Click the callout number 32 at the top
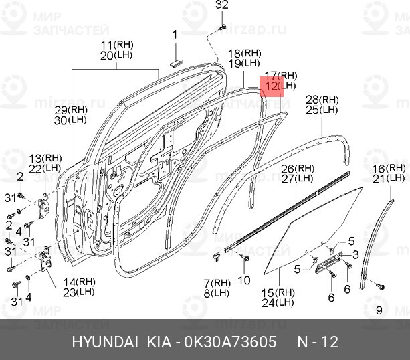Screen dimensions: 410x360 point(222,5)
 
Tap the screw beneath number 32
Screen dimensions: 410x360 point(223,27)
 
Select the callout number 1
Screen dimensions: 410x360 point(175,35)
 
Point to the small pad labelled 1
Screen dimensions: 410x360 point(176,63)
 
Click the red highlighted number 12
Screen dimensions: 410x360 point(271,86)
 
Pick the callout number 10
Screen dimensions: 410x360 point(244,280)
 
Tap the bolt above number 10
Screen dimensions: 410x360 point(245,258)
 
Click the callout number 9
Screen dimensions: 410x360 point(379,310)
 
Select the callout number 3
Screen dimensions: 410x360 point(355,254)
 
